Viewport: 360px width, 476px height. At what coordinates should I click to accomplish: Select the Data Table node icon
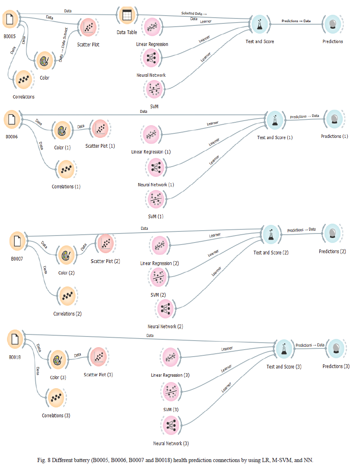[x=126, y=16]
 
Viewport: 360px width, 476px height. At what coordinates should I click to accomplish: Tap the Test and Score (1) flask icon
[x=274, y=120]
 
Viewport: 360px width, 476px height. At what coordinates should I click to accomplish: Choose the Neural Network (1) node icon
[x=156, y=167]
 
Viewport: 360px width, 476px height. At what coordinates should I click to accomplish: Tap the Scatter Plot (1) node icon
[x=100, y=128]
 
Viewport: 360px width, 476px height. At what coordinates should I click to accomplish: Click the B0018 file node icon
[x=15, y=339]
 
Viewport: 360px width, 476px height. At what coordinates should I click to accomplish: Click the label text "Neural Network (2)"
[x=165, y=327]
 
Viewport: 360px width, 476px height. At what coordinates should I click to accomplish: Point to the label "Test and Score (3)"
[x=284, y=366]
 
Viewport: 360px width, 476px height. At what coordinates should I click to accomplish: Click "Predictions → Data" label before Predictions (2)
[x=301, y=230]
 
